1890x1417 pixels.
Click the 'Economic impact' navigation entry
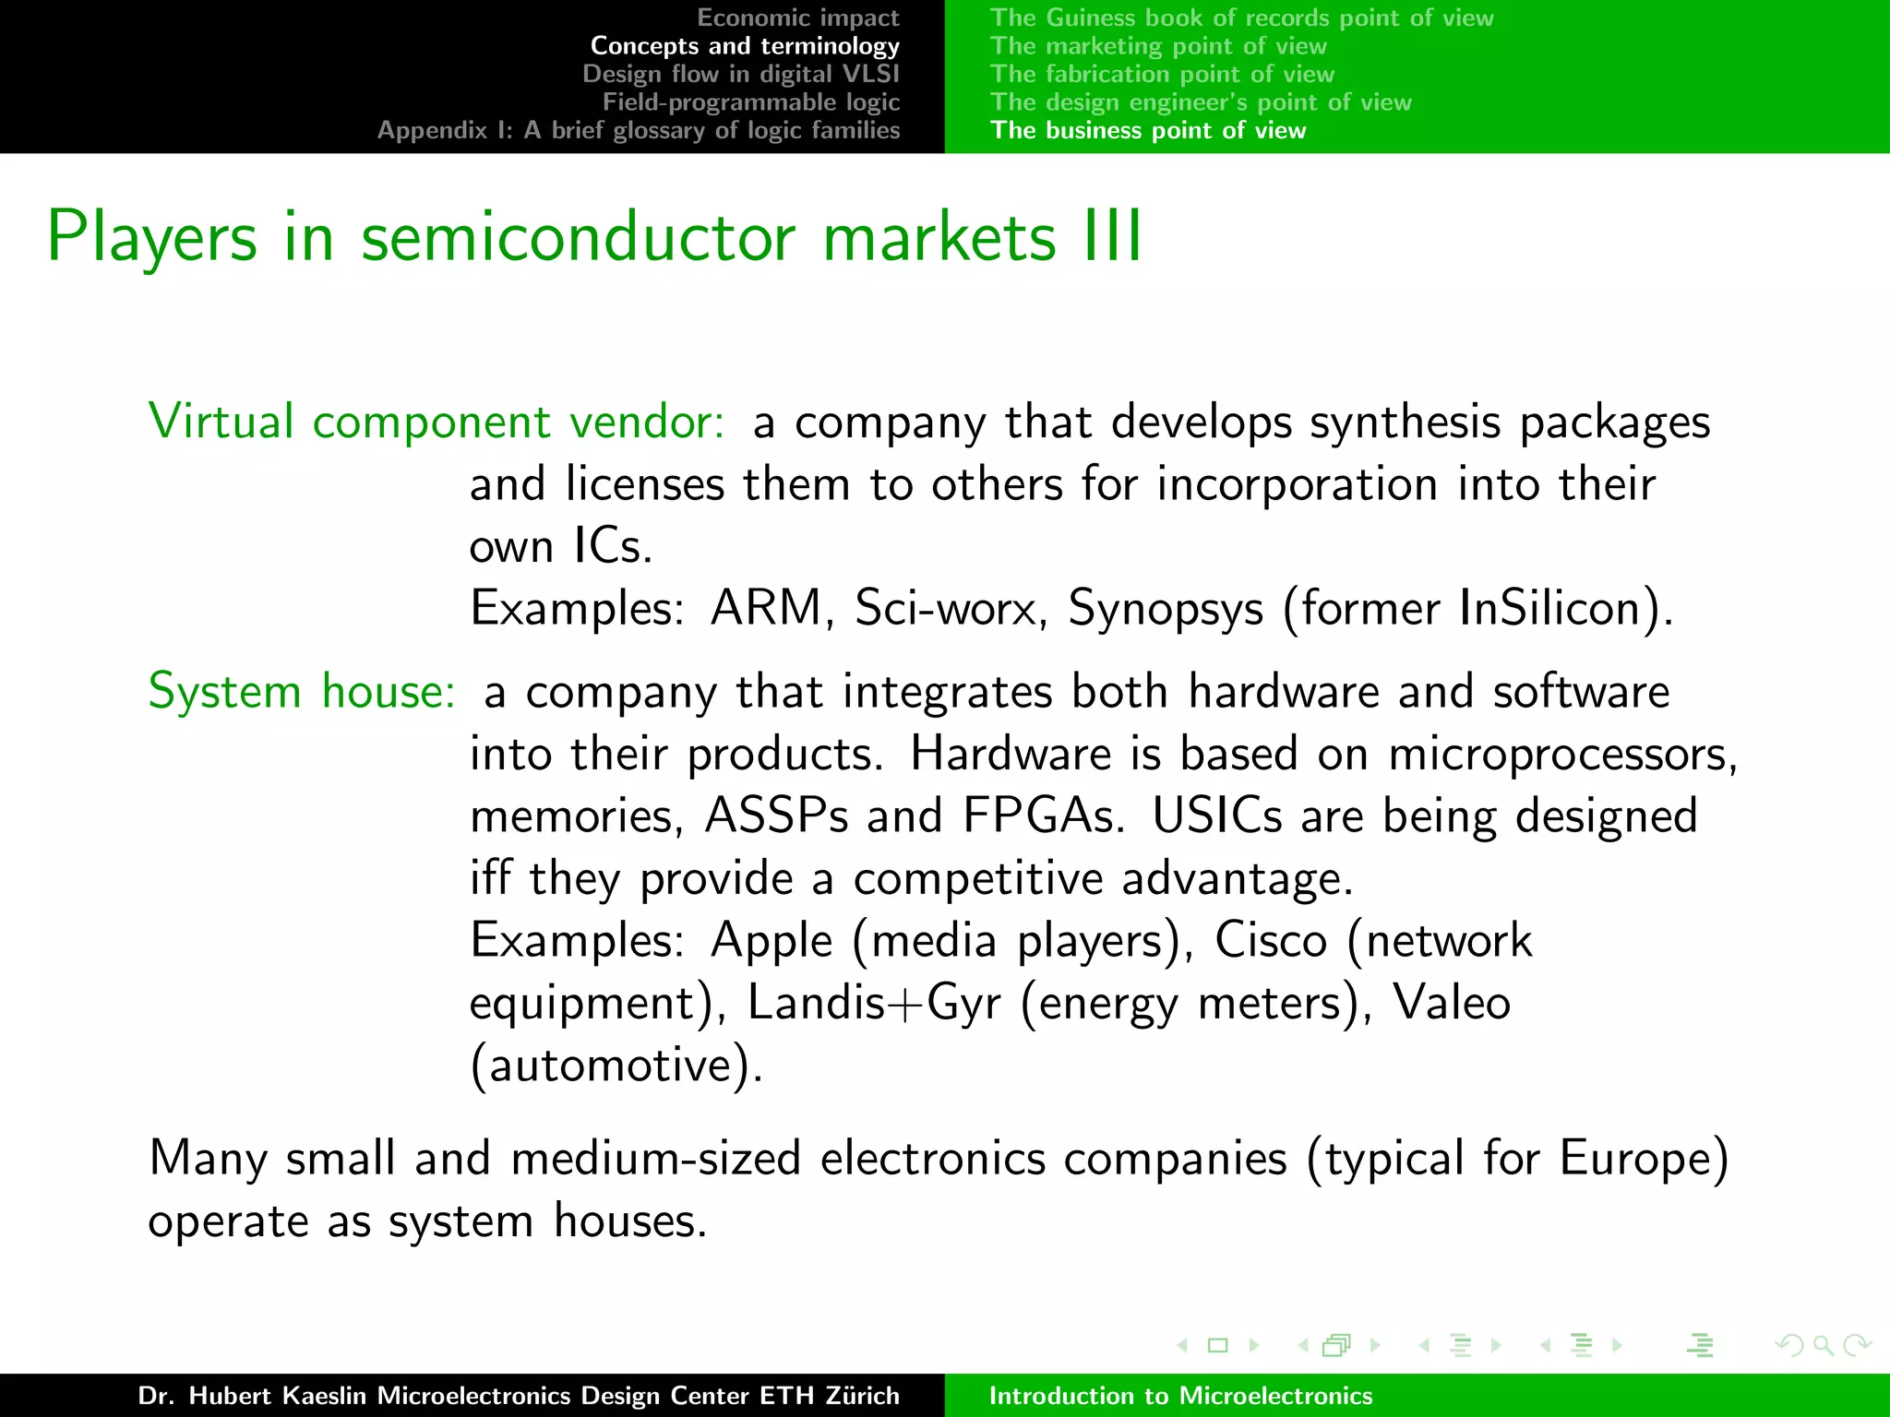pyautogui.click(x=797, y=18)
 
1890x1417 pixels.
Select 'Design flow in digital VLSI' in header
pyautogui.click(x=740, y=74)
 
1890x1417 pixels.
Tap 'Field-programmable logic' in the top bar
pyautogui.click(x=750, y=101)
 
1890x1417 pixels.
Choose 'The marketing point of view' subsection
pyautogui.click(x=1158, y=46)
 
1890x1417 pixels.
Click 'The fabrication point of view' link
pyautogui.click(x=1162, y=74)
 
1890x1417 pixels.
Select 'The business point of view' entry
pyautogui.click(x=1148, y=130)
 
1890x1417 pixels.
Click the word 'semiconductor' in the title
pyautogui.click(x=578, y=238)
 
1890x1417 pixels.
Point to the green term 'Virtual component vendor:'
pyautogui.click(x=437, y=422)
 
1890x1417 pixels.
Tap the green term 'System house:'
pyautogui.click(x=302, y=691)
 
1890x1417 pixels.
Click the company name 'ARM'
pyautogui.click(x=766, y=609)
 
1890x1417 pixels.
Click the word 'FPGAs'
pyautogui.click(x=1042, y=816)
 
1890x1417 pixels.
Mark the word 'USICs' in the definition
pyautogui.click(x=1216, y=816)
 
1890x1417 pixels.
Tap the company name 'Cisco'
pyautogui.click(x=1270, y=941)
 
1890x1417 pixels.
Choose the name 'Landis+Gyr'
pyautogui.click(x=873, y=1004)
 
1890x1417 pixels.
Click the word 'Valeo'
pyautogui.click(x=1451, y=1003)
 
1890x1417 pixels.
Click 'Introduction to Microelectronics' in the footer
pyautogui.click(x=1180, y=1396)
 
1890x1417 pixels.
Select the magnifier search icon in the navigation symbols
pyautogui.click(x=1823, y=1346)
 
